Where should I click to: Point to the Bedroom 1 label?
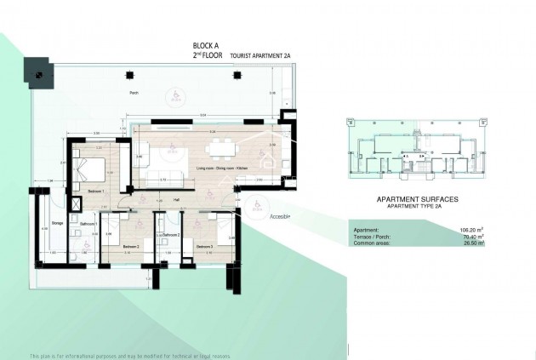pyautogui.click(x=95, y=192)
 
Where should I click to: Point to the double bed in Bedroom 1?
pyautogui.click(x=89, y=170)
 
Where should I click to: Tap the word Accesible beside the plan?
pyautogui.click(x=280, y=217)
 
